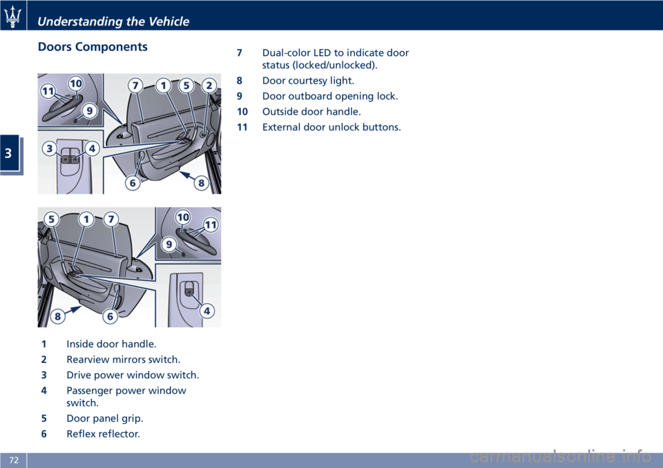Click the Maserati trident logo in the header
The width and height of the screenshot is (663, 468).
12,17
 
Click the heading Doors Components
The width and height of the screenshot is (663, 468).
93,46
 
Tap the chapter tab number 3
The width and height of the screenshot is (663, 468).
8,153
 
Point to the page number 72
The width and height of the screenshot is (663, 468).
14,460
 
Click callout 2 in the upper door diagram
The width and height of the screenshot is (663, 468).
209,86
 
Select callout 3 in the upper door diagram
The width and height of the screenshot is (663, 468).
50,148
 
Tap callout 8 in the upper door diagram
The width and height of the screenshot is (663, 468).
201,183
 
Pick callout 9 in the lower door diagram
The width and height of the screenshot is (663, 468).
169,244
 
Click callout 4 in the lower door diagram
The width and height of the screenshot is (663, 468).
206,311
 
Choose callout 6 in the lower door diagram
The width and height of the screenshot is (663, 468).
110,316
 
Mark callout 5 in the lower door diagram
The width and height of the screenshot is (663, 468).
52,219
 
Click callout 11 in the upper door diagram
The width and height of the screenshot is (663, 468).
48,91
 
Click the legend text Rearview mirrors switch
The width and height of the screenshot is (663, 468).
124,360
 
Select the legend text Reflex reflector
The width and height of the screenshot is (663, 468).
103,433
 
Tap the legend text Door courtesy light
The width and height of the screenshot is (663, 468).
308,81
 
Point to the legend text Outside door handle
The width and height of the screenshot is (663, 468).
311,112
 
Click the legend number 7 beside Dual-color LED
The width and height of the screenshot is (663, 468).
240,53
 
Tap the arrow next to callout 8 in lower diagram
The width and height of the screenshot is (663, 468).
73,310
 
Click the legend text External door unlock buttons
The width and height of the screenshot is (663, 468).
331,127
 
